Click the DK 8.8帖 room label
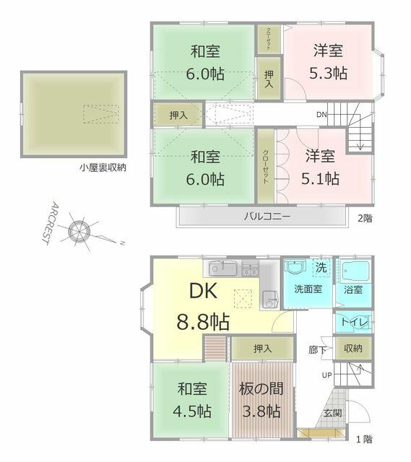[x=203, y=306]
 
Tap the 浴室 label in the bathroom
[x=353, y=289]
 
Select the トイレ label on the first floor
[x=355, y=322]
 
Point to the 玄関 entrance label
[x=332, y=413]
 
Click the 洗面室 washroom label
[x=308, y=289]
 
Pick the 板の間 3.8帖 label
[x=261, y=400]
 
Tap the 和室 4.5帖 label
[x=192, y=400]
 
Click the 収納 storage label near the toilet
[x=352, y=348]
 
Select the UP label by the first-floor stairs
[x=326, y=375]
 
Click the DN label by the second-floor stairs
[x=321, y=114]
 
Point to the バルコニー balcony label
[x=267, y=217]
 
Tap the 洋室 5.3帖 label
[x=328, y=61]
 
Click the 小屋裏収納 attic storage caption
[x=103, y=167]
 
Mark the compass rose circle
[x=79, y=230]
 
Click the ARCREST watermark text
[x=50, y=223]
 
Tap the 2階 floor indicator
[x=365, y=218]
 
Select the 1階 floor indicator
[x=365, y=440]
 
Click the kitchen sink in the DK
[x=223, y=269]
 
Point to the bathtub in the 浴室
[x=355, y=269]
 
